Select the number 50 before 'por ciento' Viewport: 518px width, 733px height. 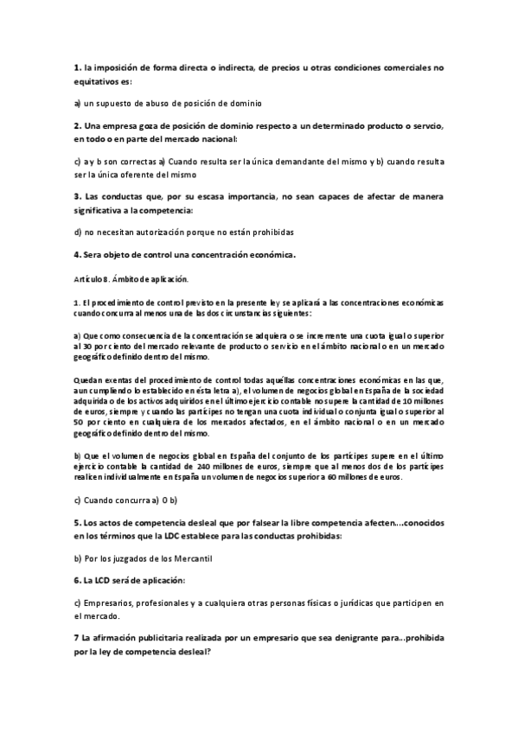click(x=80, y=424)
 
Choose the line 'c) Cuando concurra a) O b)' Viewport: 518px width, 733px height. click(x=125, y=500)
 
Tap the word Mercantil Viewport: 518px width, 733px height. click(x=182, y=559)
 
